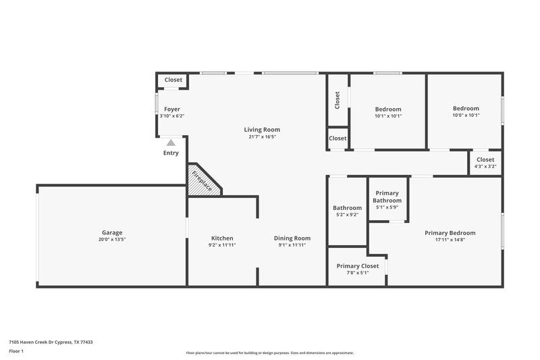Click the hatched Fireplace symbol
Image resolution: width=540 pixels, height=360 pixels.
coord(202,180)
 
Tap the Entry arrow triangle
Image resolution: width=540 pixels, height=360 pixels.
coord(171,143)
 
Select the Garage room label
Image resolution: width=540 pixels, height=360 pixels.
coord(112,232)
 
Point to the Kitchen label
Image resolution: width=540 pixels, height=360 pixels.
coord(222,238)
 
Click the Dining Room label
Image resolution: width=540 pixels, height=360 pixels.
coord(292,238)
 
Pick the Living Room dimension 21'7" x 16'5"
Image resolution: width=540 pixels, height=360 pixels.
coord(262,137)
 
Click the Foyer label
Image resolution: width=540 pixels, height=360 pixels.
coord(171,109)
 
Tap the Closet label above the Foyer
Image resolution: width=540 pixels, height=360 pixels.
coord(173,80)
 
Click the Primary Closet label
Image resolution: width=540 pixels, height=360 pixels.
coord(358,265)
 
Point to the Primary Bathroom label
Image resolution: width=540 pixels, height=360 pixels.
coord(387,197)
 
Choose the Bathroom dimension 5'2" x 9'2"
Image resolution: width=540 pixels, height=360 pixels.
coord(347,215)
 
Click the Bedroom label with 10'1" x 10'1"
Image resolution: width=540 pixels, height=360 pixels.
coord(388,109)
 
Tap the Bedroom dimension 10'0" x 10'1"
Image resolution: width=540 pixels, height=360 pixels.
coord(465,115)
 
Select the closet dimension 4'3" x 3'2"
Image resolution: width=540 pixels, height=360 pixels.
coord(485,166)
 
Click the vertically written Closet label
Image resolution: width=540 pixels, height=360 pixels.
coord(337,100)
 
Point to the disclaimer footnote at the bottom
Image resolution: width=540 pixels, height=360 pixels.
coord(269,353)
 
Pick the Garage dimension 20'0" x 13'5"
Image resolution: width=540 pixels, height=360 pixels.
coord(112,240)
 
